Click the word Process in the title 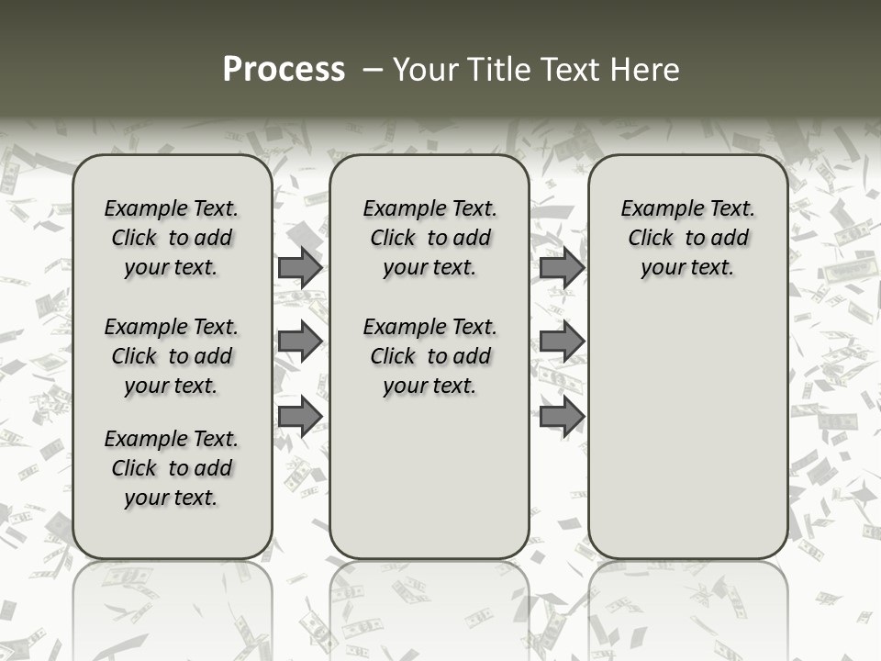[x=284, y=70]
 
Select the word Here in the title [x=646, y=70]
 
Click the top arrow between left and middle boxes [x=300, y=268]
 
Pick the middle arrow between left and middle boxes [x=300, y=342]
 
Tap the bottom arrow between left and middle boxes [x=300, y=416]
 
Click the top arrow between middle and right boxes [x=562, y=268]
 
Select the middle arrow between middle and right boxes [x=562, y=342]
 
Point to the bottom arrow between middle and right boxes [x=562, y=416]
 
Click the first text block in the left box [x=172, y=238]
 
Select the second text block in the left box [x=172, y=356]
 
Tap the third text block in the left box [x=172, y=468]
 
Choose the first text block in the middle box [x=429, y=238]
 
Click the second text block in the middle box [x=429, y=356]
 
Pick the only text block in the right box [x=687, y=238]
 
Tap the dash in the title [x=372, y=70]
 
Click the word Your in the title [x=423, y=70]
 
